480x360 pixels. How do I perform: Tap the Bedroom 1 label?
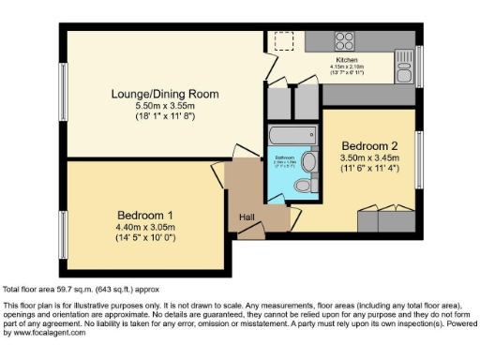(x=145, y=214)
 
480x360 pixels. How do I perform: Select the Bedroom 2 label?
(x=371, y=146)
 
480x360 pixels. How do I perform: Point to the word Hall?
(x=247, y=217)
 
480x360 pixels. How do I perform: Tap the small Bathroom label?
(x=283, y=157)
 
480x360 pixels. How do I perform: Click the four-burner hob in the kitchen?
(x=344, y=40)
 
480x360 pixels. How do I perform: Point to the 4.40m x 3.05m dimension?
(x=145, y=227)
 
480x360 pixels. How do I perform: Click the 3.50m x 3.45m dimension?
(x=371, y=159)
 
